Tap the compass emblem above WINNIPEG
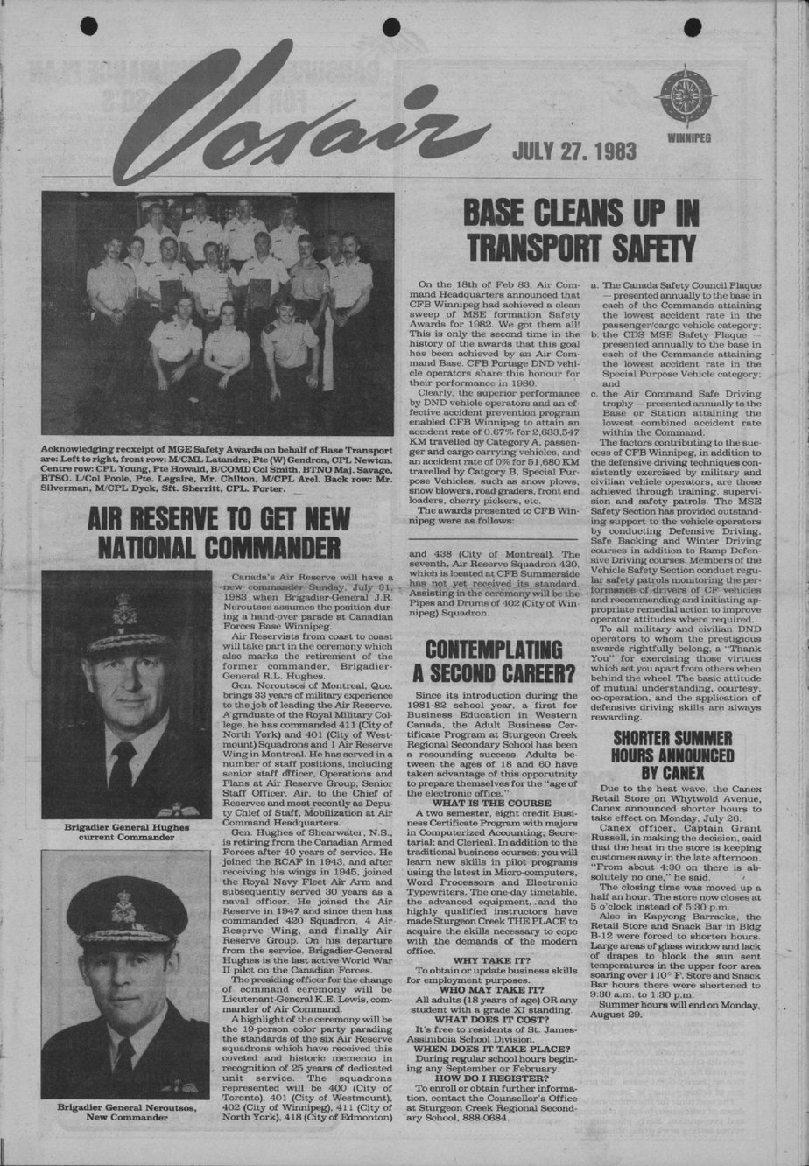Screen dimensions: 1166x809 coord(686,96)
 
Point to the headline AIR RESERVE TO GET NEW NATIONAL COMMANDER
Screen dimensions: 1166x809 coord(219,533)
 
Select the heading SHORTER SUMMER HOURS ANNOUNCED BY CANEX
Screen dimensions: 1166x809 coord(672,755)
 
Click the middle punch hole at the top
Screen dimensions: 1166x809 coord(391,27)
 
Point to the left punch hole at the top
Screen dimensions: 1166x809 coord(88,26)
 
